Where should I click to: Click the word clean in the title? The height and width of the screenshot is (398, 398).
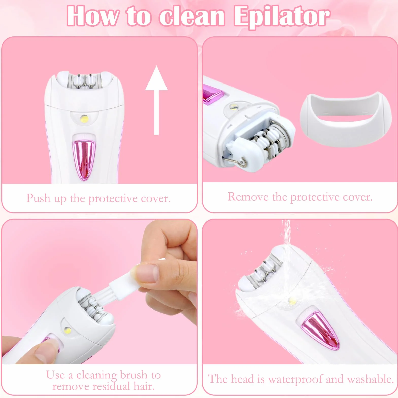tap(192, 17)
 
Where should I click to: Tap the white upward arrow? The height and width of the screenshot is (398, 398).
tap(156, 100)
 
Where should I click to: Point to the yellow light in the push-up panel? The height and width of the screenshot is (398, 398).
tap(84, 119)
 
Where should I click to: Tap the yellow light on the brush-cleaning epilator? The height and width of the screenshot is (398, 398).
tap(68, 330)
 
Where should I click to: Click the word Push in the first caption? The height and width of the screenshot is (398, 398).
tap(38, 198)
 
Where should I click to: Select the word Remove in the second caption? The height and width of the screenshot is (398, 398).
tap(248, 197)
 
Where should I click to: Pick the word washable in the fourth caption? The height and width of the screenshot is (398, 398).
tap(370, 379)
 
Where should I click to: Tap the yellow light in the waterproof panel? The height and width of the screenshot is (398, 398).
tap(292, 302)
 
